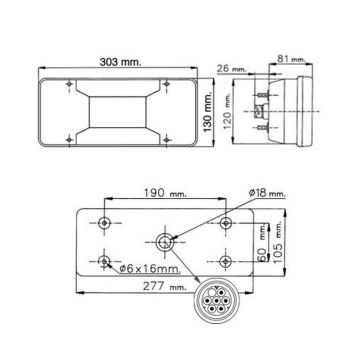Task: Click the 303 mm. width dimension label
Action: [x=121, y=62]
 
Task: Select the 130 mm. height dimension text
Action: [x=209, y=113]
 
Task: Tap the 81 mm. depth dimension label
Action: [x=291, y=59]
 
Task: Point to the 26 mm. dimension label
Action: [x=232, y=69]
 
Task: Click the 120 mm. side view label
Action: [x=227, y=113]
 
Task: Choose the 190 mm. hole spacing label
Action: [x=165, y=193]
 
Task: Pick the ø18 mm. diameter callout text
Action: [x=267, y=193]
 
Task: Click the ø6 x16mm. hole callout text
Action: [x=149, y=268]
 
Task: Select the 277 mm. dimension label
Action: [x=165, y=286]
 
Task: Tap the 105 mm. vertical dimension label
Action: [x=278, y=243]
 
